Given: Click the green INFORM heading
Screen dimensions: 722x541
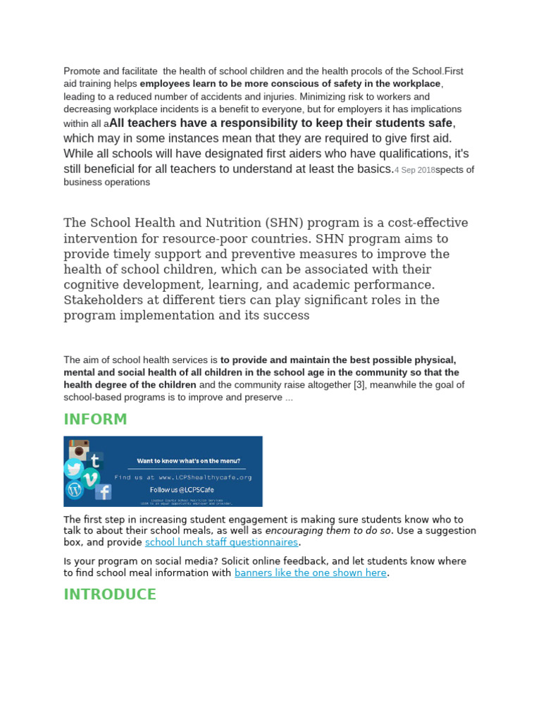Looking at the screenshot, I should [x=95, y=420].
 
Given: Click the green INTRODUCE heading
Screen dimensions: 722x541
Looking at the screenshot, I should [x=109, y=594].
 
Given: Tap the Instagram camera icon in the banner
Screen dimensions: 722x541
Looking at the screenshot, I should [x=80, y=451].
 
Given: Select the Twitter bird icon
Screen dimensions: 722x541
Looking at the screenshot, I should [x=74, y=469].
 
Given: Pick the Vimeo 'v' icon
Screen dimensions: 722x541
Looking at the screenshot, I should [x=91, y=479].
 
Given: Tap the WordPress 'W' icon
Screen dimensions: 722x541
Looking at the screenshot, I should [x=74, y=489].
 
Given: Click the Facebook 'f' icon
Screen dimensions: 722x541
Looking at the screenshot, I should [x=103, y=491].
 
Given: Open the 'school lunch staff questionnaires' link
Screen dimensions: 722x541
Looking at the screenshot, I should [x=221, y=542].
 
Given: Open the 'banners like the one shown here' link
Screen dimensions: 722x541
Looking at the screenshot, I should [x=311, y=573].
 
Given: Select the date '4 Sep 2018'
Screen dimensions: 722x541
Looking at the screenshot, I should [x=415, y=170].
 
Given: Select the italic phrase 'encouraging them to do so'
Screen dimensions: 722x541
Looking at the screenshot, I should [x=328, y=530].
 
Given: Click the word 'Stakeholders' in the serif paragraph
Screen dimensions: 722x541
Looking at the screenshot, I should [x=103, y=300].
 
